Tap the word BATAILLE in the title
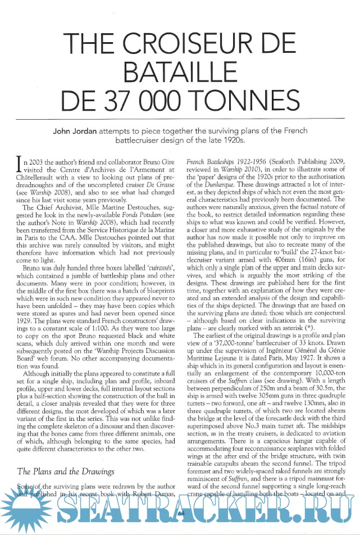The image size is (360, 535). click(180, 71)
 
